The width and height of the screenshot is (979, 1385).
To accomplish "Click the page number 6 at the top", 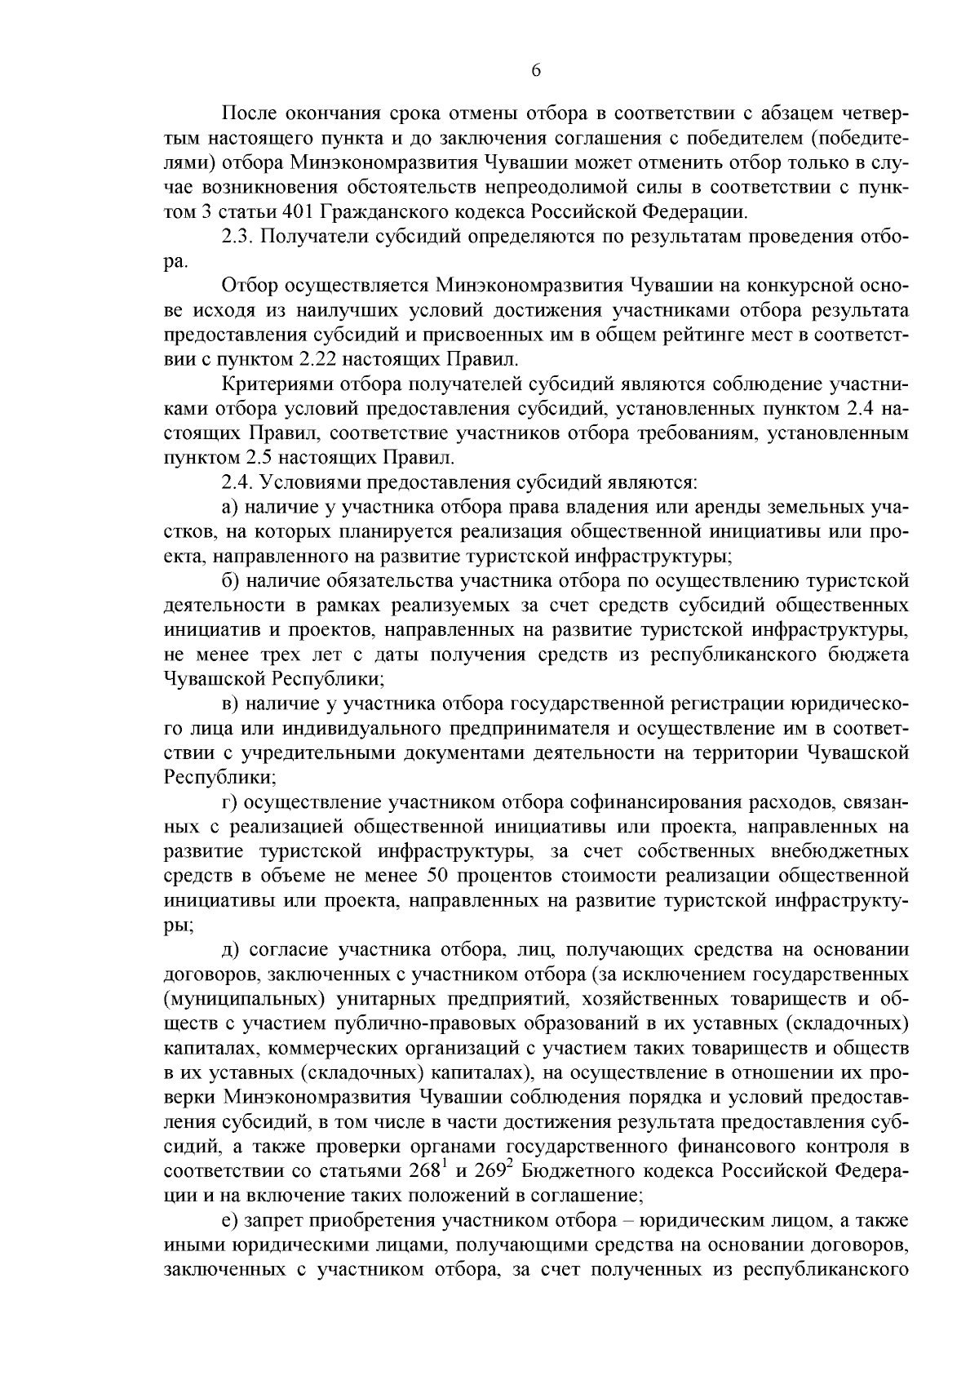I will click(536, 71).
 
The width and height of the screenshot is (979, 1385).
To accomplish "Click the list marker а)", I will click(229, 506).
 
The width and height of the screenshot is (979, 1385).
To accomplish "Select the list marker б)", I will click(229, 580).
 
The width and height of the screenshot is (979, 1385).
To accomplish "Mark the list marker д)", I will click(229, 949).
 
